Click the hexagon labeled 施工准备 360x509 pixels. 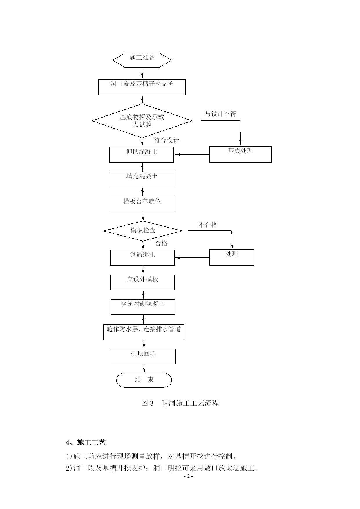142,60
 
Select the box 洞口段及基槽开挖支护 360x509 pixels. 142,87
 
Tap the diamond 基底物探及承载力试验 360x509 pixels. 142,121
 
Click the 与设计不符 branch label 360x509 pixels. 220,114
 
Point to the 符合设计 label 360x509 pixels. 167,140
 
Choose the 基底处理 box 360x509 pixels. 240,154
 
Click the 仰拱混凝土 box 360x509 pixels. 142,155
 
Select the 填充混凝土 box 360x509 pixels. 142,179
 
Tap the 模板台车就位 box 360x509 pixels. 142,204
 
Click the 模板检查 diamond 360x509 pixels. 143,231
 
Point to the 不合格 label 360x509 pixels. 208,225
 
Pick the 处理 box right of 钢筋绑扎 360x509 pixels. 232,257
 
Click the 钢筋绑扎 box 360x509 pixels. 142,257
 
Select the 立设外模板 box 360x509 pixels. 142,282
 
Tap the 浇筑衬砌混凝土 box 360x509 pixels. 143,307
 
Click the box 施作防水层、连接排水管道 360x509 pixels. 144,332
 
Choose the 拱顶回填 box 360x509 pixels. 143,357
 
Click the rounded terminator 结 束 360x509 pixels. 144,380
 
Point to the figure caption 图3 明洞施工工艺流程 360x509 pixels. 180,403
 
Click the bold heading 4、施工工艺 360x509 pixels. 86,443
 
